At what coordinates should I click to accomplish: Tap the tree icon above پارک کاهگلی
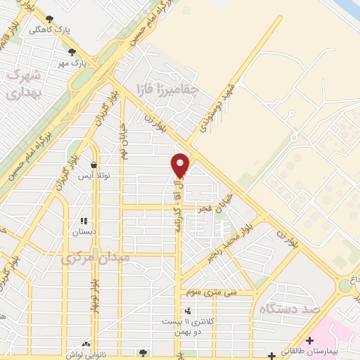(x=49, y=20)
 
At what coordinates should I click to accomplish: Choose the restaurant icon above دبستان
(x=84, y=220)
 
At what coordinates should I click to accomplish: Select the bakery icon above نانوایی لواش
(x=86, y=345)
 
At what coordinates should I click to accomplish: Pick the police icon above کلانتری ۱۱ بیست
(x=187, y=310)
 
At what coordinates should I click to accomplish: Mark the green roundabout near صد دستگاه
(x=345, y=286)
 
